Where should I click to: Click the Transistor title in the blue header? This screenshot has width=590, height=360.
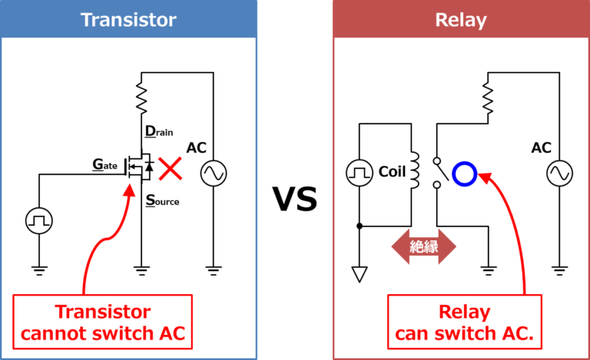point(128,19)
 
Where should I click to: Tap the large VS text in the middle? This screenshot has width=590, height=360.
point(295,200)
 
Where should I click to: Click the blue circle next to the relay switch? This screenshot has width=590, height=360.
point(465,173)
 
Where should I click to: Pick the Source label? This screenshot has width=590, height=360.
point(163,200)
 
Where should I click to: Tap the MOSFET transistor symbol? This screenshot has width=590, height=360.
point(141,167)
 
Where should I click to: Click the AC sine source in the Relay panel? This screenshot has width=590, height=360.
point(559,174)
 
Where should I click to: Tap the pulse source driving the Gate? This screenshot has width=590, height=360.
point(38,221)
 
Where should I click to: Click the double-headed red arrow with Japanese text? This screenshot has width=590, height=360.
point(423,247)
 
